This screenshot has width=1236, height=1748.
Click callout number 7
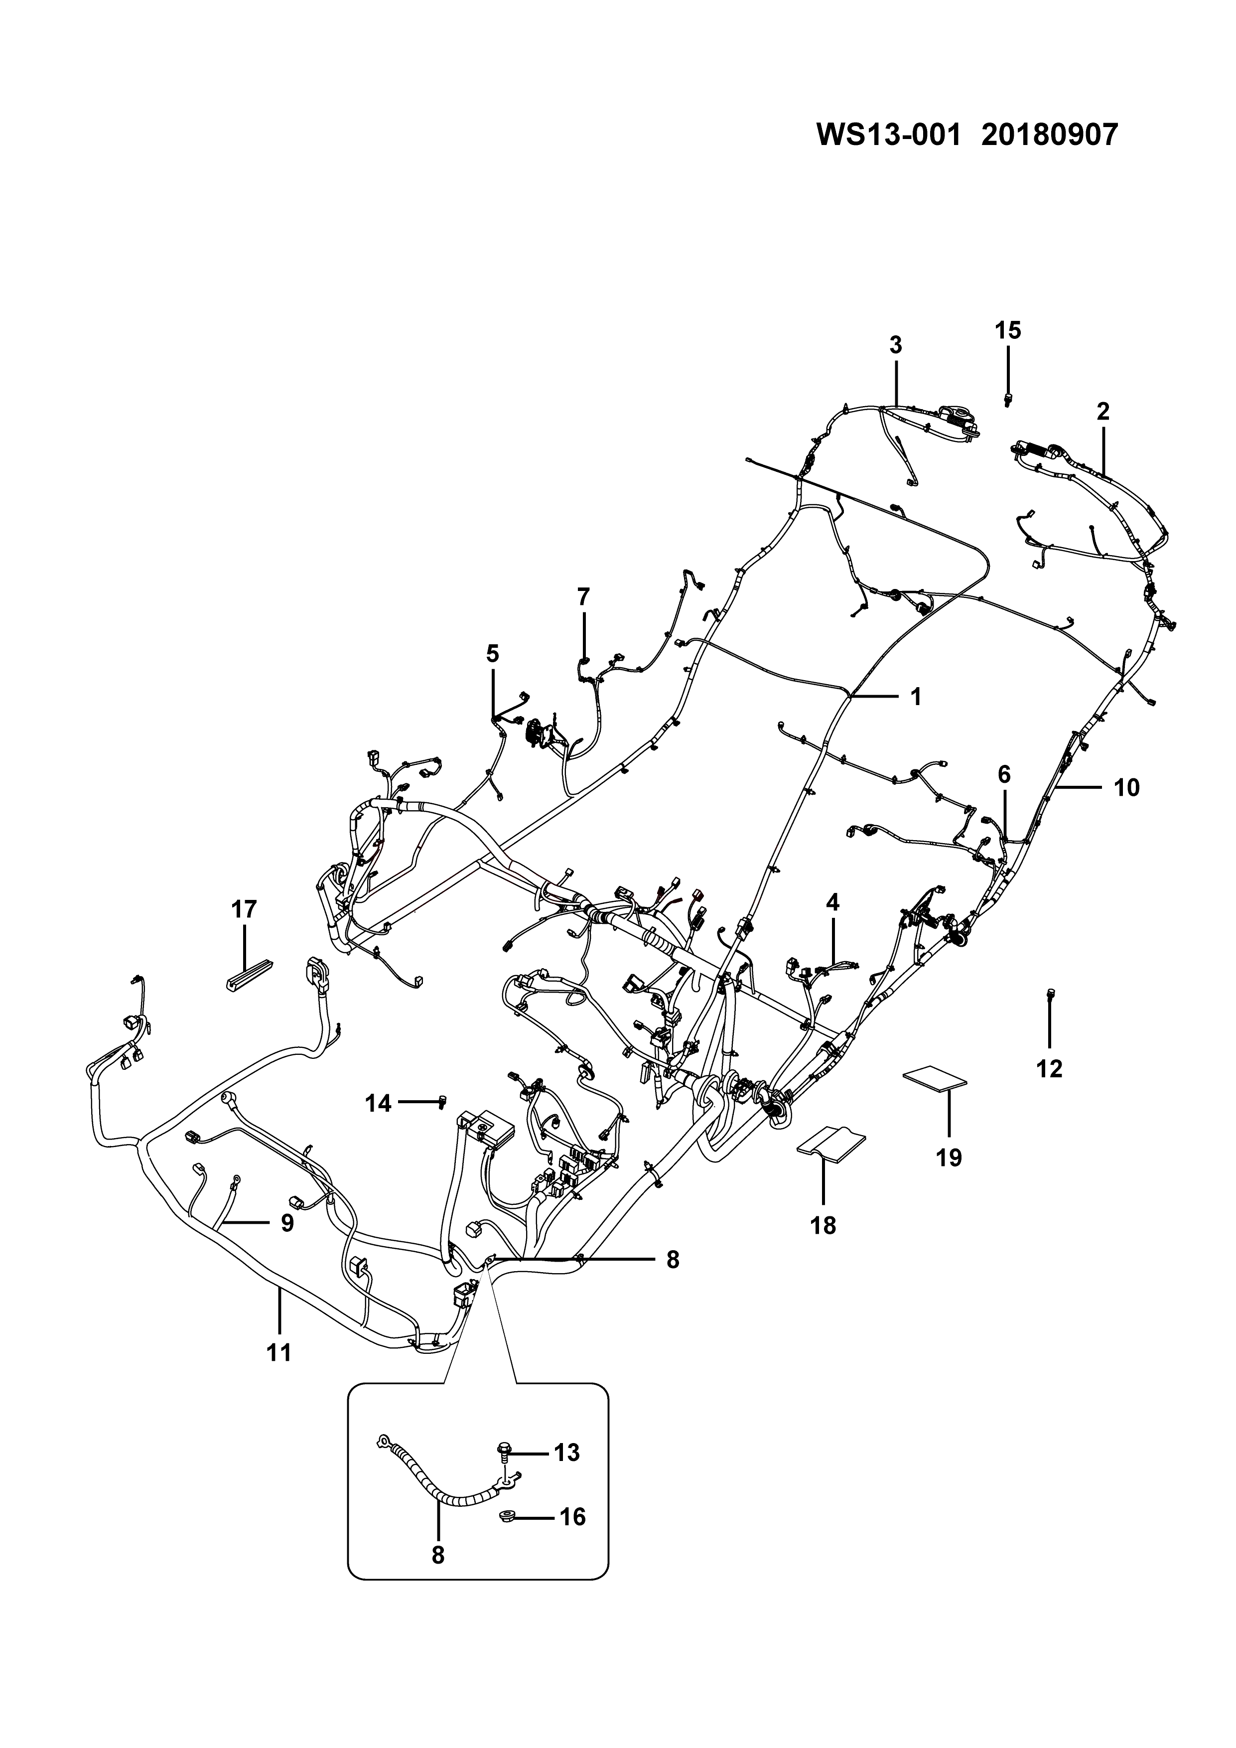(584, 597)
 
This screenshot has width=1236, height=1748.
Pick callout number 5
(493, 653)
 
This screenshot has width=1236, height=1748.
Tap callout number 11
(279, 1352)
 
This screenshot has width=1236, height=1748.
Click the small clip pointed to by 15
(1008, 399)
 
